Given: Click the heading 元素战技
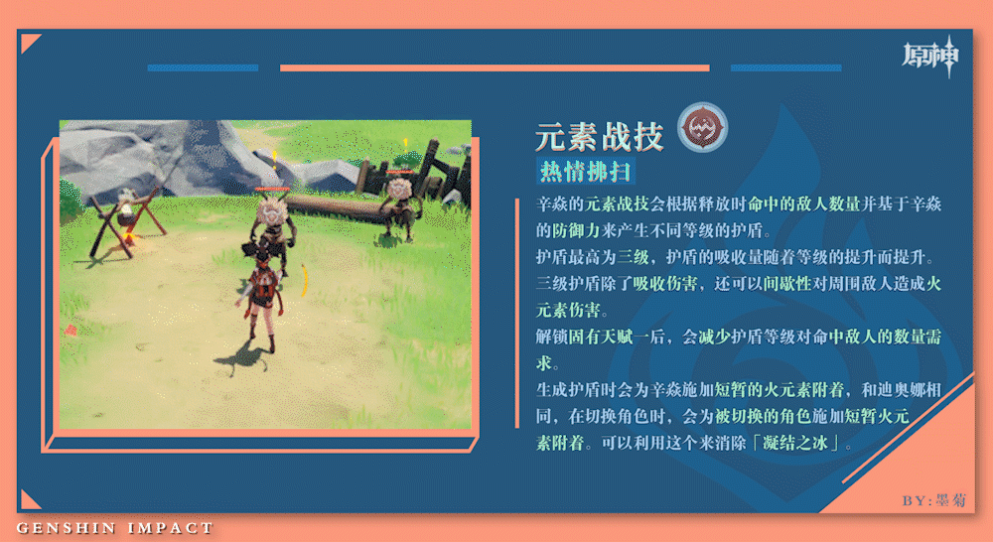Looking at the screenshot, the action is coord(599,136).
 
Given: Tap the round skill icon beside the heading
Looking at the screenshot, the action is coord(702,127).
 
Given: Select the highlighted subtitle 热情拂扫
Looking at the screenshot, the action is coord(585,171).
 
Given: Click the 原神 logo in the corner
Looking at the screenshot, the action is coord(931,57).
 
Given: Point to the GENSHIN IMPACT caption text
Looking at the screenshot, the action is coord(114,528).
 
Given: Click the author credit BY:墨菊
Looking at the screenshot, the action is coord(934,500).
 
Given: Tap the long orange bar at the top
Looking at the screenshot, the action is coord(495,68).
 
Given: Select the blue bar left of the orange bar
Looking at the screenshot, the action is coord(203,68).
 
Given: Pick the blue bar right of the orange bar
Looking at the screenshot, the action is coord(785,68).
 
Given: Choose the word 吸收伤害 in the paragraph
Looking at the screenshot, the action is coord(665,284).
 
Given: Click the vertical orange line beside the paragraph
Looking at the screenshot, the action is coord(517,314).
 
